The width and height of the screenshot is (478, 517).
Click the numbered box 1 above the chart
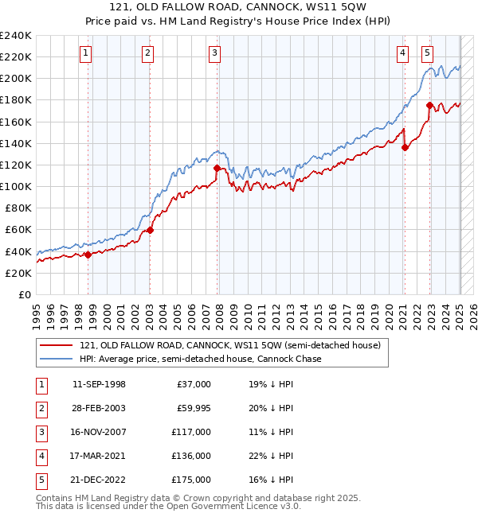point(85,53)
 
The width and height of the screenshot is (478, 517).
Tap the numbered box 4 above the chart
point(403,53)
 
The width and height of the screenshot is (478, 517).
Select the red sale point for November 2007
point(217,168)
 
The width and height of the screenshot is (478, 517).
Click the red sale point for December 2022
point(429,105)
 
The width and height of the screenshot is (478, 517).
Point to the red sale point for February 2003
point(150,229)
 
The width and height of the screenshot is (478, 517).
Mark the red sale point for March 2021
point(405,147)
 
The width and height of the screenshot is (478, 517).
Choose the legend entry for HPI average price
point(200,359)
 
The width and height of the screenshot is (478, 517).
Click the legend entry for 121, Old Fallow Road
point(230,345)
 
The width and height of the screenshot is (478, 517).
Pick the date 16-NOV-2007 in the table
point(99,432)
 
